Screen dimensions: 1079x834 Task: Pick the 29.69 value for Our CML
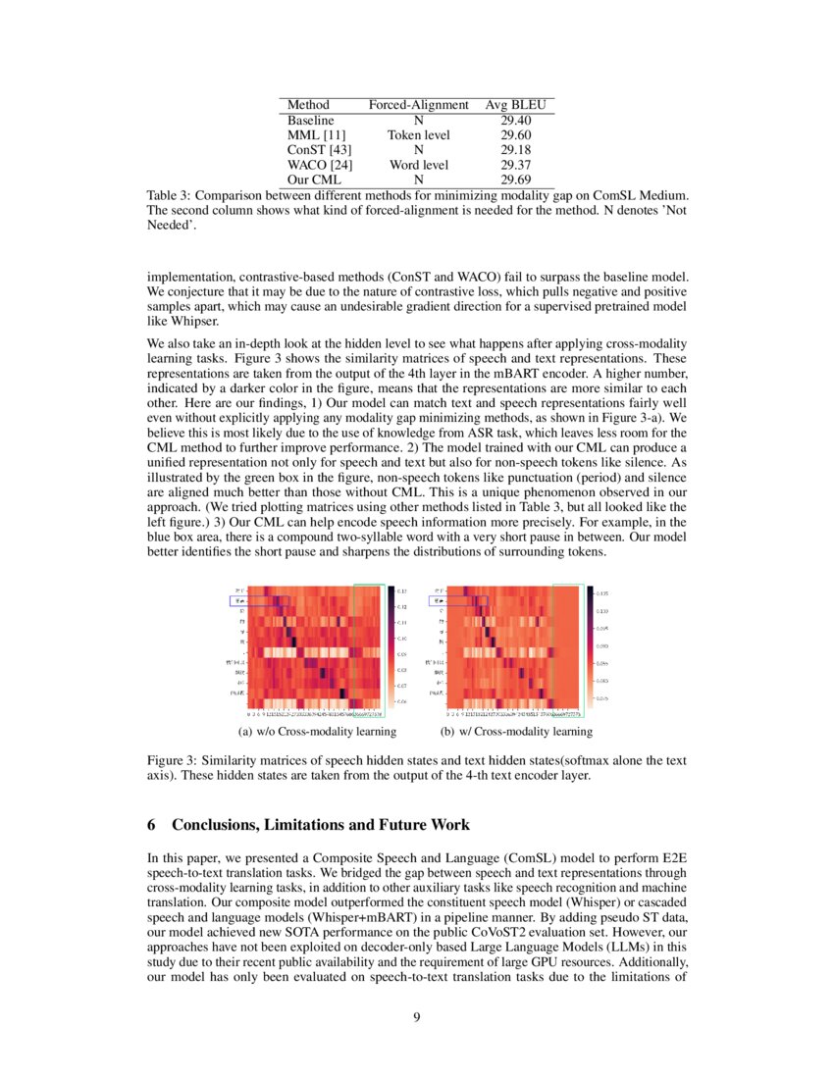click(x=515, y=180)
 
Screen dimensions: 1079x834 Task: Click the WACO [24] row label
click(x=314, y=166)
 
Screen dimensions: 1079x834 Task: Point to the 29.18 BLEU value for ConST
click(x=515, y=150)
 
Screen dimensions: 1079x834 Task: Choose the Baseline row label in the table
click(x=310, y=120)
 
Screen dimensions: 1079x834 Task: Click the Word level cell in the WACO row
click(x=418, y=166)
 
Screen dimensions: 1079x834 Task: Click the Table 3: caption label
click(x=174, y=196)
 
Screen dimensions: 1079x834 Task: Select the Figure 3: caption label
click(x=177, y=760)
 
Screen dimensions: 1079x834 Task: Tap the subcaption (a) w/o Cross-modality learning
click(x=317, y=731)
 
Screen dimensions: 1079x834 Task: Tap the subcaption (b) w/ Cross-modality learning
click(x=516, y=731)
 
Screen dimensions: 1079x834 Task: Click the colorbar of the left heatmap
click(x=390, y=645)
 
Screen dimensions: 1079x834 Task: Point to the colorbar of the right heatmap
click(x=590, y=645)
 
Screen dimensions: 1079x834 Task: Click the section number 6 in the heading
click(x=151, y=825)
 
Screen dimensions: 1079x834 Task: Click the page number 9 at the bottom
click(x=417, y=1016)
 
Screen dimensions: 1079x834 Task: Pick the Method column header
click(x=308, y=105)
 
